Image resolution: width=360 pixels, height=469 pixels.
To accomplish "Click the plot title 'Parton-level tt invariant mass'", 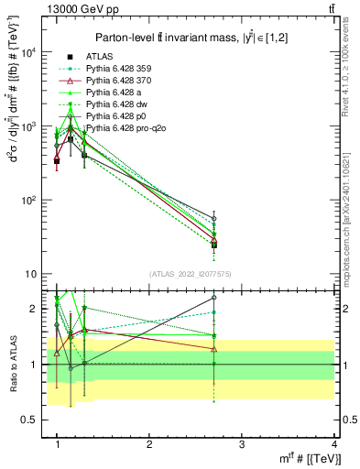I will tap(183, 37).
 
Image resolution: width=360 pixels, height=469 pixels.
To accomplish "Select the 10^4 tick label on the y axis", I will tap(28, 52).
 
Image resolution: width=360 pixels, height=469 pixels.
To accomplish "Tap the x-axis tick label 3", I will tap(241, 444).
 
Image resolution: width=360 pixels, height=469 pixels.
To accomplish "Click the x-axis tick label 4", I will tap(333, 444).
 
